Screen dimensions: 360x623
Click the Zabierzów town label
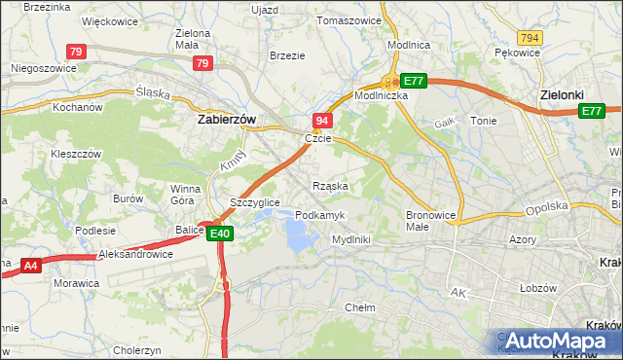click(x=226, y=119)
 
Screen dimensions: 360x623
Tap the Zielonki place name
click(x=562, y=95)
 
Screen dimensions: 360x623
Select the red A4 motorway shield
click(x=30, y=264)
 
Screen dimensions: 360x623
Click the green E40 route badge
click(x=219, y=233)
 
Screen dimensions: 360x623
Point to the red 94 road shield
click(x=324, y=120)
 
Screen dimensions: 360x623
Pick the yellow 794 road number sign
click(x=530, y=37)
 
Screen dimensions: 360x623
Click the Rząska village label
click(x=330, y=185)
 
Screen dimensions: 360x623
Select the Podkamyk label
click(x=317, y=214)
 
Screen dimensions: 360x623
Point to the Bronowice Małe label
click(x=429, y=220)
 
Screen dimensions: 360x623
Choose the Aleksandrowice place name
click(x=136, y=254)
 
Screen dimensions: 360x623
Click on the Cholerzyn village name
click(x=136, y=349)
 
